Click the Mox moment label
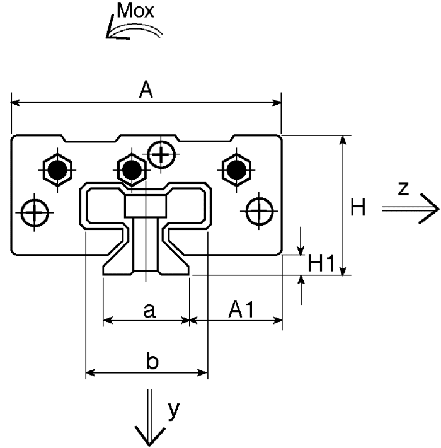135,11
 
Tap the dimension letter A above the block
146,89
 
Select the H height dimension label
358,207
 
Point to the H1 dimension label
321,263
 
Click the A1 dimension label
241,309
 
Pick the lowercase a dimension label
149,311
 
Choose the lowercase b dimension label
152,360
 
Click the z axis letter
403,189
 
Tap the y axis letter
174,411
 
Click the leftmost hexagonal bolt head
57,170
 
